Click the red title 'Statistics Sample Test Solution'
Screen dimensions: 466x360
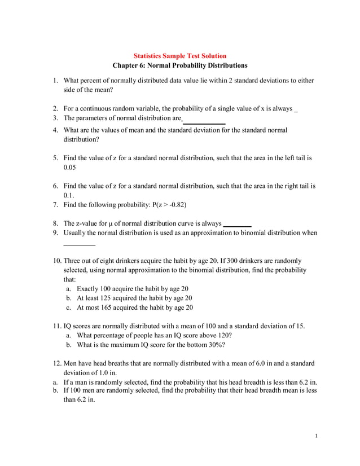(x=179, y=56)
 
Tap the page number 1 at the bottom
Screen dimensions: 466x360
(x=317, y=435)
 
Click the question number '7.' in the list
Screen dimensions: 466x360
(x=56, y=204)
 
